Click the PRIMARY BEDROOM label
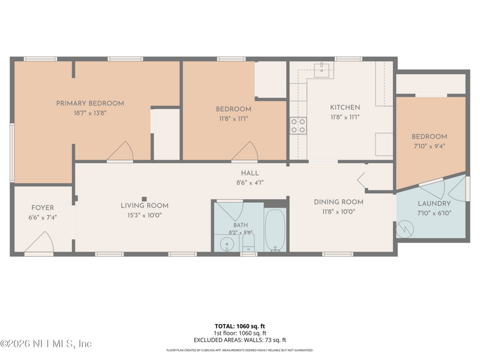tap(90, 103)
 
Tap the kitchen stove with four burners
tap(298, 126)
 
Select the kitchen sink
tap(322, 70)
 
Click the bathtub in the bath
tap(275, 230)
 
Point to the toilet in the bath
tap(248, 244)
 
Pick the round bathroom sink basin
tap(227, 244)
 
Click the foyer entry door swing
tap(39, 242)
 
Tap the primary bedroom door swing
tap(121, 151)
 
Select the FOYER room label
tap(43, 208)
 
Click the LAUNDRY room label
tap(434, 203)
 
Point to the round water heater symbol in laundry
tap(404, 229)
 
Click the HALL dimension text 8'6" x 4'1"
tap(250, 183)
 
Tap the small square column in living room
tap(144, 199)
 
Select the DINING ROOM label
tap(338, 202)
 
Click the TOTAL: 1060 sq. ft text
tap(239, 326)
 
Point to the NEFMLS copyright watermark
tap(46, 344)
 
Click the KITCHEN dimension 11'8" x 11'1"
tap(345, 117)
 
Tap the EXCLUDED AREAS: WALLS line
tap(239, 340)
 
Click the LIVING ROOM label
tap(145, 206)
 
